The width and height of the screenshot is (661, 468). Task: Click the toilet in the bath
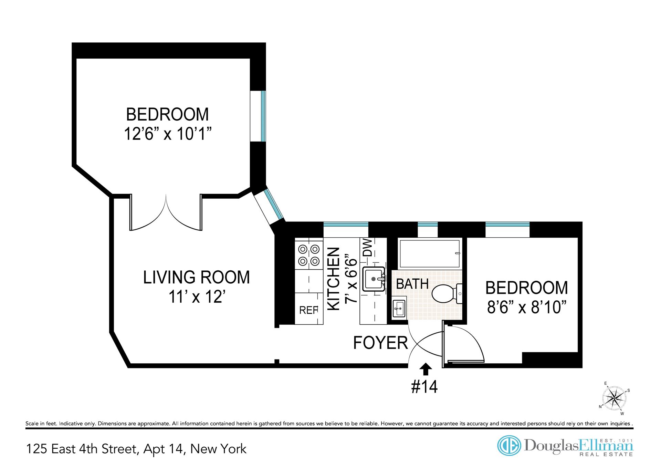(x=447, y=294)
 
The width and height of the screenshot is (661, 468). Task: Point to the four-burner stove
(x=309, y=255)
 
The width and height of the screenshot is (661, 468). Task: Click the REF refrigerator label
(x=308, y=310)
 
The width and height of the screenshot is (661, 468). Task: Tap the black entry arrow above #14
(x=426, y=369)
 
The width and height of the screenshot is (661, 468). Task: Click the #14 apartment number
(x=424, y=387)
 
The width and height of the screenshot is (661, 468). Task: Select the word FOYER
(x=380, y=343)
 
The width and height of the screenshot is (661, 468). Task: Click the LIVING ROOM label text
(x=197, y=278)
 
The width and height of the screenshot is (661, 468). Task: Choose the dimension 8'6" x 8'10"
(x=527, y=307)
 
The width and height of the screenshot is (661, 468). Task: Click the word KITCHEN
(x=334, y=279)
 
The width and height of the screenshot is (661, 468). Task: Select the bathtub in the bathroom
(x=429, y=254)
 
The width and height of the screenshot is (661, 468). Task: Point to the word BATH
(x=412, y=284)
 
